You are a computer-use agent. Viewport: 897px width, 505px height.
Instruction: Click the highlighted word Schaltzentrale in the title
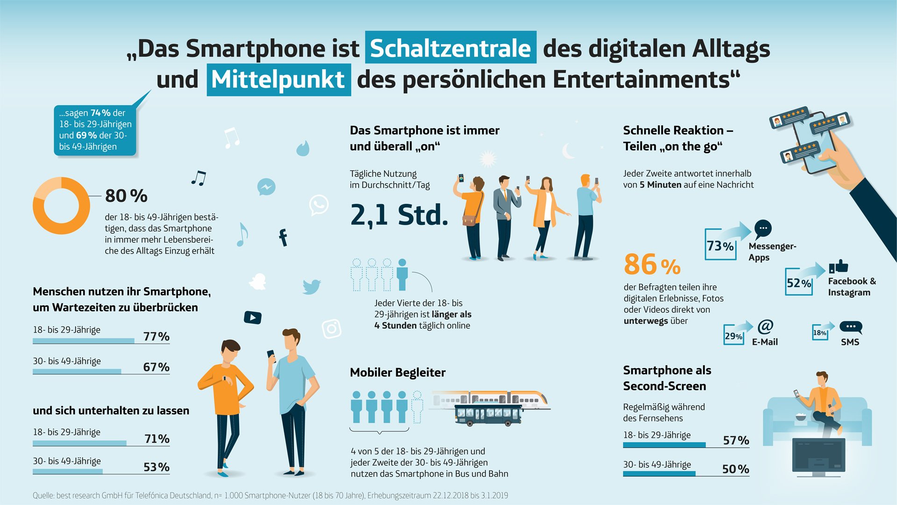pyautogui.click(x=450, y=48)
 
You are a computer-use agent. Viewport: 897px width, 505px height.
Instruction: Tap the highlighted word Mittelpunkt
pyautogui.click(x=278, y=80)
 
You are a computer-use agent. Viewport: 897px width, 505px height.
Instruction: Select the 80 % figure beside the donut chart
pyautogui.click(x=126, y=196)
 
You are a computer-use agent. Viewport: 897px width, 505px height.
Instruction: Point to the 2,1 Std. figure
pyautogui.click(x=399, y=215)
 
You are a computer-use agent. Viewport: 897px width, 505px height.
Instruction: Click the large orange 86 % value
pyautogui.click(x=652, y=265)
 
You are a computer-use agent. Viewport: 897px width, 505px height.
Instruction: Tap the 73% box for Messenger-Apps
pyautogui.click(x=720, y=245)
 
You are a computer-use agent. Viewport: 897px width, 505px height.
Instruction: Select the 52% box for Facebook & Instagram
pyautogui.click(x=798, y=283)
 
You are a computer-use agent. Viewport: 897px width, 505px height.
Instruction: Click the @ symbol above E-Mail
pyautogui.click(x=765, y=326)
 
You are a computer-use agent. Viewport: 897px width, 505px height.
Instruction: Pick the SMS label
pyautogui.click(x=850, y=342)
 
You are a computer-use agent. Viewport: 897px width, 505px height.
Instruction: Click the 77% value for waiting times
pyautogui.click(x=156, y=336)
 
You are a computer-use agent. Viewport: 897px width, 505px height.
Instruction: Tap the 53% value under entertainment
pyautogui.click(x=156, y=467)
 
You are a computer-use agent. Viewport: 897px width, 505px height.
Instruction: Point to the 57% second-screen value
pyautogui.click(x=736, y=440)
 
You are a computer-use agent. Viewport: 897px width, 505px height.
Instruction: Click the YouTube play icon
pyautogui.click(x=253, y=317)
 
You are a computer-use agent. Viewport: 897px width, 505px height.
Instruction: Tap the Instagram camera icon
pyautogui.click(x=332, y=329)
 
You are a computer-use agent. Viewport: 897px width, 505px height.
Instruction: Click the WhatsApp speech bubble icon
pyautogui.click(x=319, y=205)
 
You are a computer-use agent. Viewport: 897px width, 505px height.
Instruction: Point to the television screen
pyautogui.click(x=819, y=455)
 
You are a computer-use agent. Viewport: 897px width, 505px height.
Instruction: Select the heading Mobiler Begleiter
pyautogui.click(x=398, y=373)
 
